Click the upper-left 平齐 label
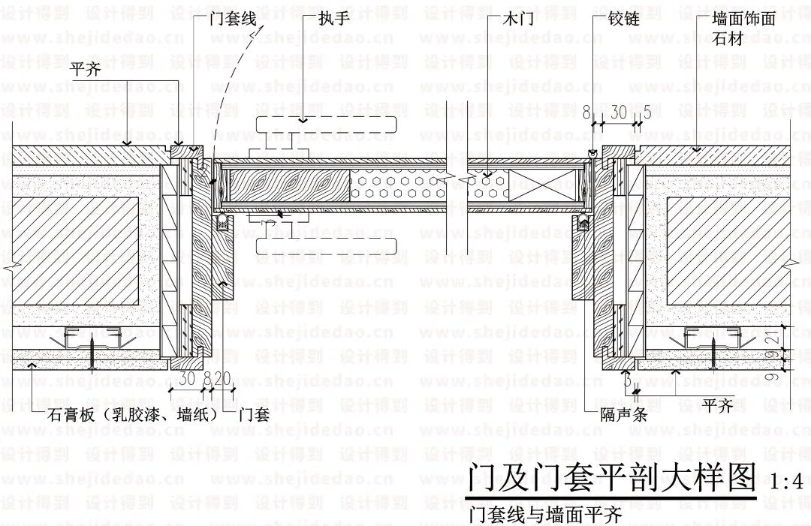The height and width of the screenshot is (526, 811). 87,69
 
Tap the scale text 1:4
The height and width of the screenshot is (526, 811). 787,481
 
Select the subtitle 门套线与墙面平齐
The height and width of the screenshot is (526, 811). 544,515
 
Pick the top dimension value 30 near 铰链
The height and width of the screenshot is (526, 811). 618,113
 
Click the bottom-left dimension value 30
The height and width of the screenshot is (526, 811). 187,377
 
